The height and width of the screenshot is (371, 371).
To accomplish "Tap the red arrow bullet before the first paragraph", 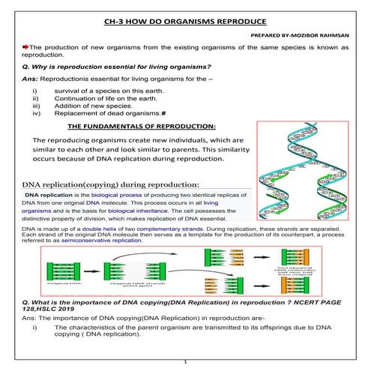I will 25,46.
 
